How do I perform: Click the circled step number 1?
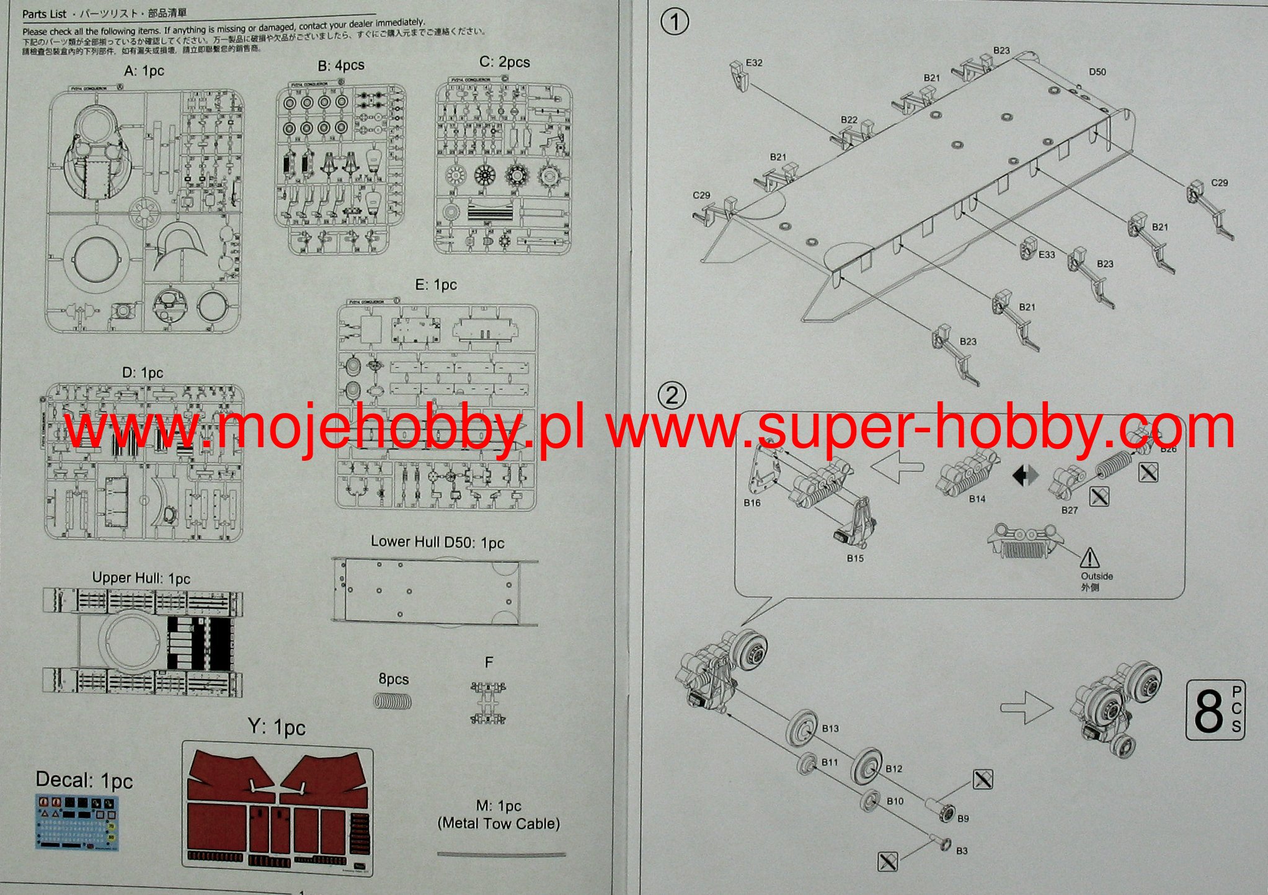coord(675,22)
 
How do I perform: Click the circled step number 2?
coord(672,396)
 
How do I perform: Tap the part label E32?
coord(754,63)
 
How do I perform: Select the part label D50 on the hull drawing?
coord(1097,72)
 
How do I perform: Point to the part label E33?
coord(1047,254)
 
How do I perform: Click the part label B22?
coord(849,120)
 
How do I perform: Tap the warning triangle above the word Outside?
coord(1089,558)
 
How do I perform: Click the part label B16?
coord(751,502)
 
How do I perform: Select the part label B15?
coord(855,558)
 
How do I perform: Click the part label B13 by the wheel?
coord(830,728)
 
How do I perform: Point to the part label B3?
coord(961,851)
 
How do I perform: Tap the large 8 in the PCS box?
coord(1208,711)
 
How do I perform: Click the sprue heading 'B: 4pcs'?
coord(341,65)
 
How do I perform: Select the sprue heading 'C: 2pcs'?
coord(504,62)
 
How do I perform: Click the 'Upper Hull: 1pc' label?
coord(141,578)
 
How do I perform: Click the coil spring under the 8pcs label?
coord(393,701)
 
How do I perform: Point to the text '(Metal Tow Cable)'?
coord(499,824)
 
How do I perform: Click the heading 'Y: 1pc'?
coord(277,727)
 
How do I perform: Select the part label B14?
coord(977,499)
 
